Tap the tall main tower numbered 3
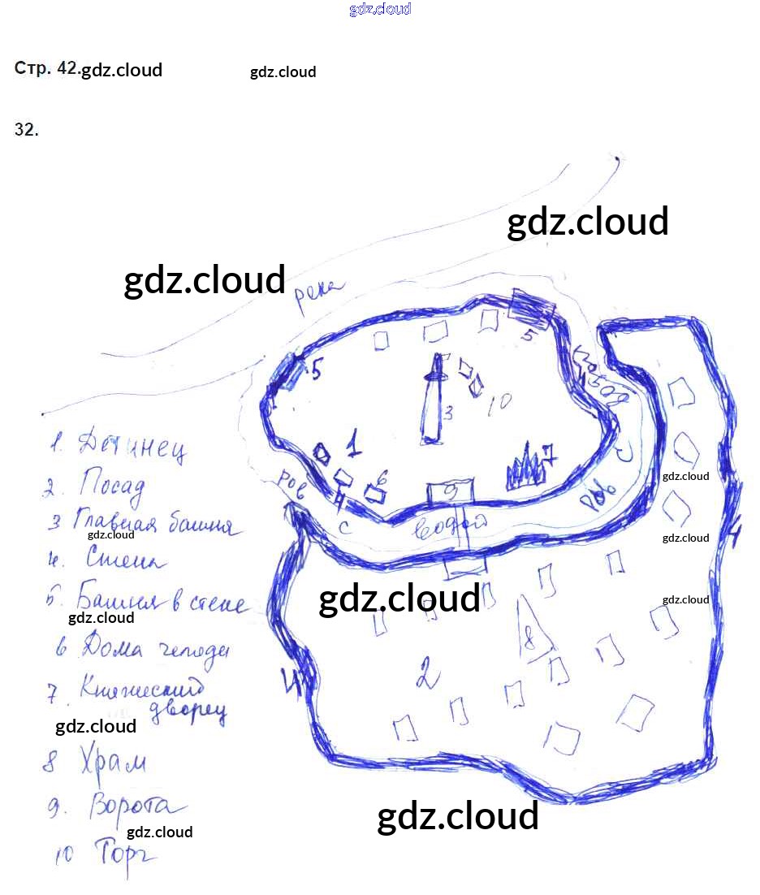tap(434, 402)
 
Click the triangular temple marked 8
tap(532, 625)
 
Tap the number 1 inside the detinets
tap(354, 444)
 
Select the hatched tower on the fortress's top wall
tap(532, 309)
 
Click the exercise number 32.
tap(26, 129)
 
